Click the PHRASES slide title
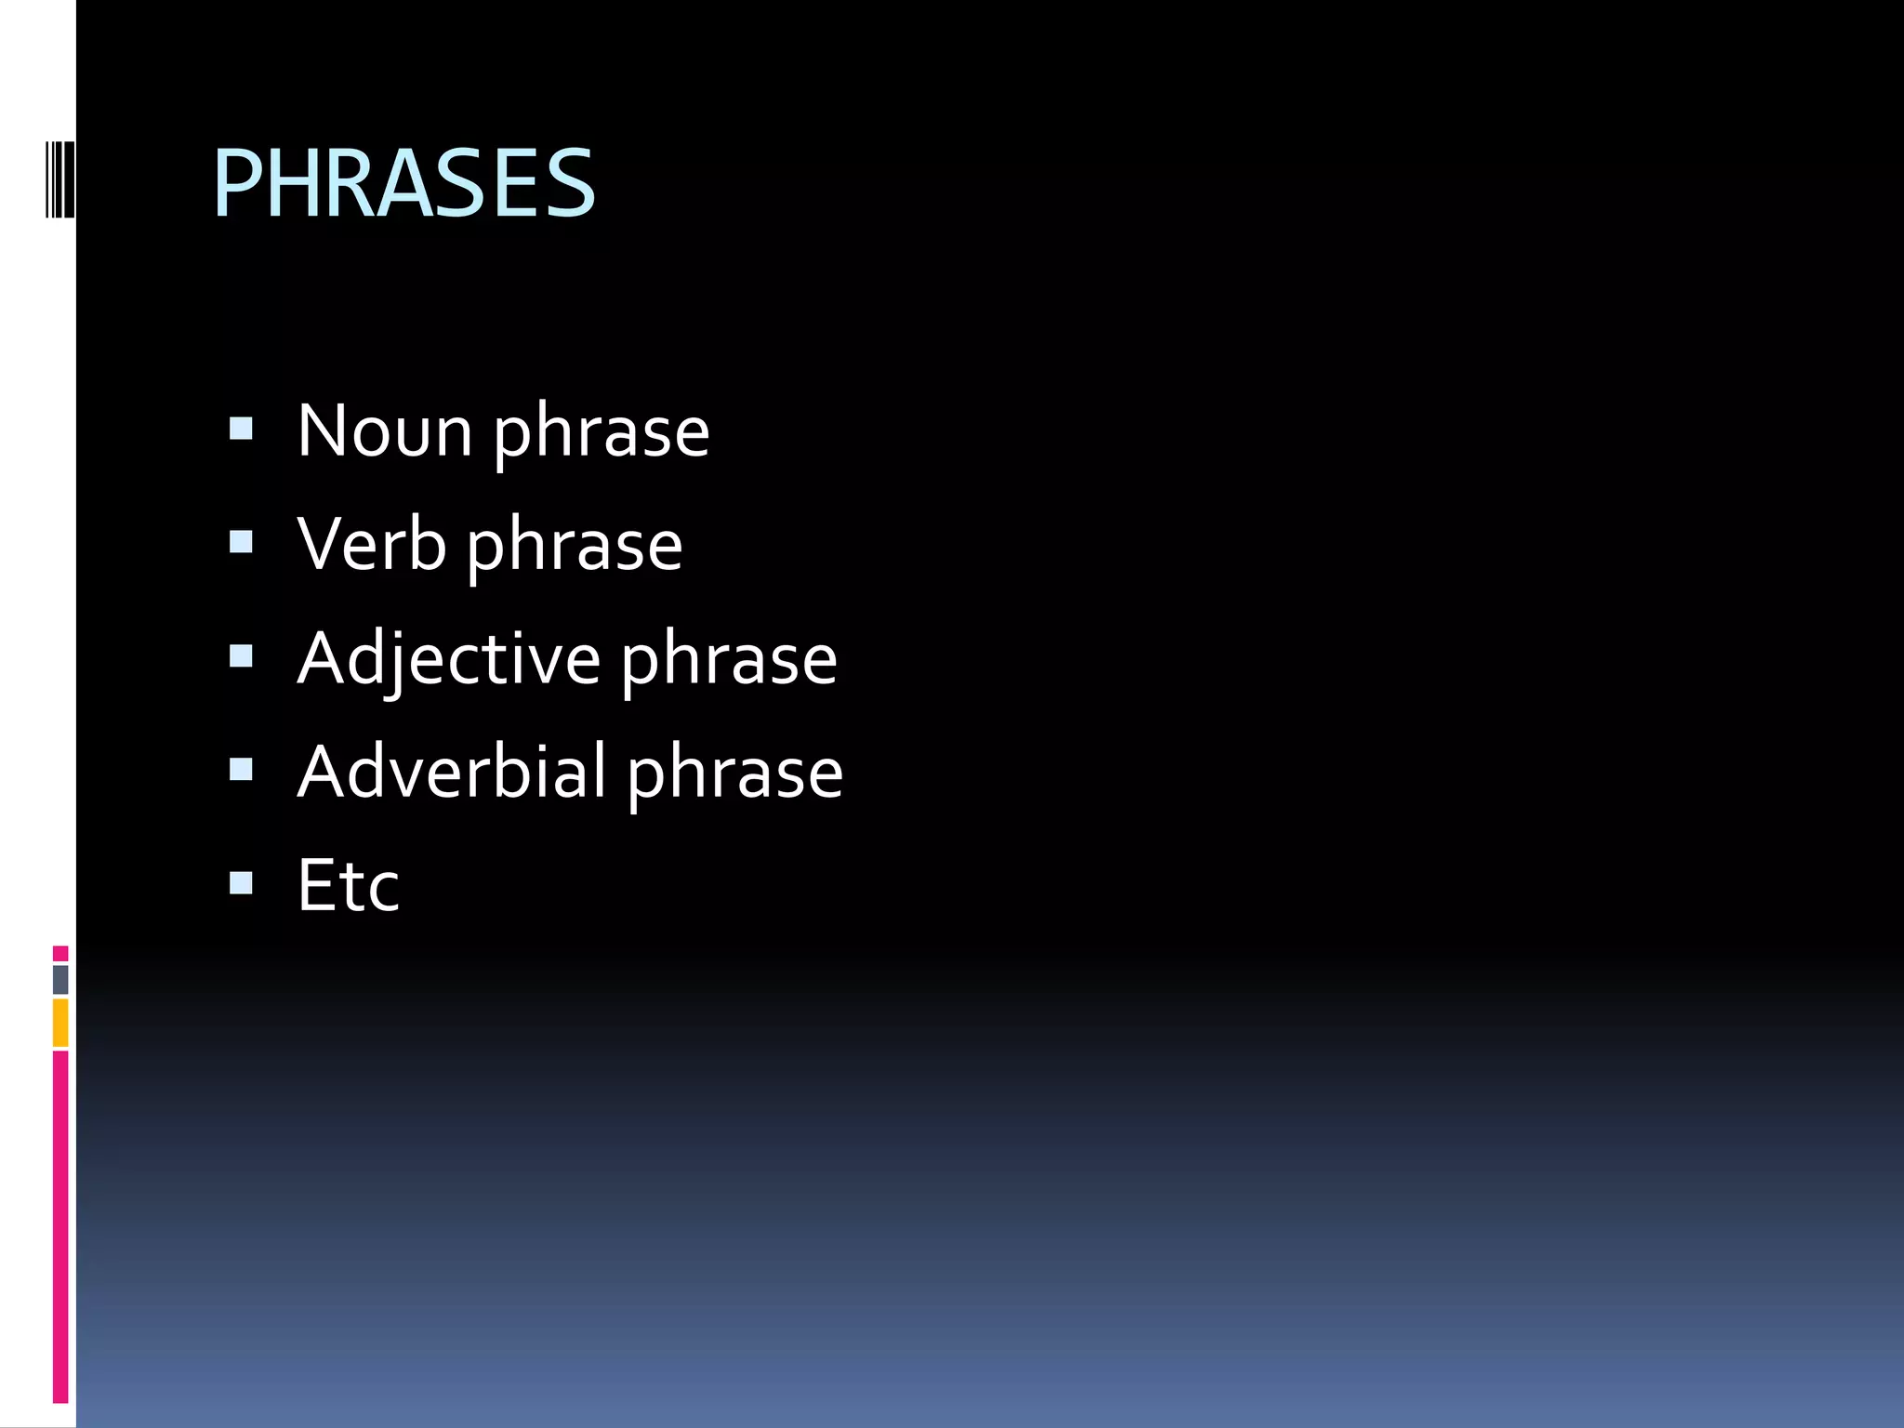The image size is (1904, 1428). (x=403, y=183)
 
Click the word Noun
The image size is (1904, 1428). (x=385, y=431)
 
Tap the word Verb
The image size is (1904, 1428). (x=371, y=545)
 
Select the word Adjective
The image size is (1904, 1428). (x=449, y=659)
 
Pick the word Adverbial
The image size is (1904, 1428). (x=452, y=772)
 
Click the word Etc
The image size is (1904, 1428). (x=348, y=885)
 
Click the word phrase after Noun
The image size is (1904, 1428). (x=601, y=433)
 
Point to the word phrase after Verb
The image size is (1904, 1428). (x=574, y=547)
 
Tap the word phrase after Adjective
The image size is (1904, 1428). (x=729, y=661)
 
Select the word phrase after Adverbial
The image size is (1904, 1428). (x=734, y=773)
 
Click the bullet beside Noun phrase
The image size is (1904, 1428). (x=241, y=428)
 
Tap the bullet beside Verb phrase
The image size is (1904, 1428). (x=241, y=541)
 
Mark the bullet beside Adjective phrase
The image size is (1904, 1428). (x=241, y=655)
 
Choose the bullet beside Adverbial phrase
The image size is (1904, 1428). (x=241, y=769)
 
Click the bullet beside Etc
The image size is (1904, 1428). (x=241, y=882)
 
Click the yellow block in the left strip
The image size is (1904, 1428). (x=60, y=1023)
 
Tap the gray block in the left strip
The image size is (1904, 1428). (x=60, y=979)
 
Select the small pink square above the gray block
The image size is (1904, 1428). (x=60, y=953)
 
